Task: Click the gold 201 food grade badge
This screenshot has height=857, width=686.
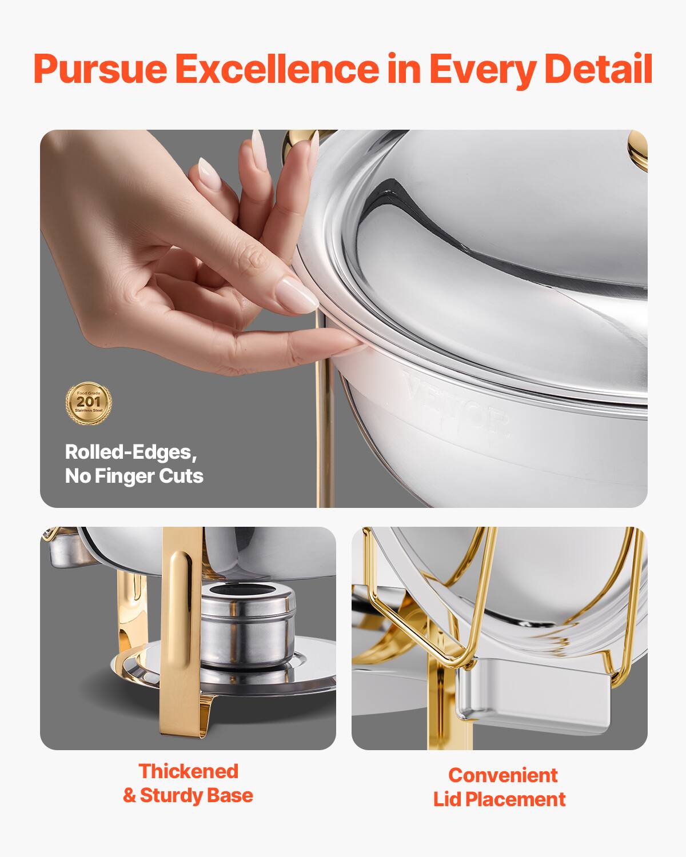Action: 89,403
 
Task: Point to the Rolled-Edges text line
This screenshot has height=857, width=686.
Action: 131,452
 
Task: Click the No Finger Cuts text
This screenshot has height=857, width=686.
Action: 134,476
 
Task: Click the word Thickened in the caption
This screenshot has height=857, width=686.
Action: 188,771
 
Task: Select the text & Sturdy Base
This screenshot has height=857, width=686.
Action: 188,795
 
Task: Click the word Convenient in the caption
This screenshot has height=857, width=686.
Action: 502,775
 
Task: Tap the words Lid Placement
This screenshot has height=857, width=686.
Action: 499,799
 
